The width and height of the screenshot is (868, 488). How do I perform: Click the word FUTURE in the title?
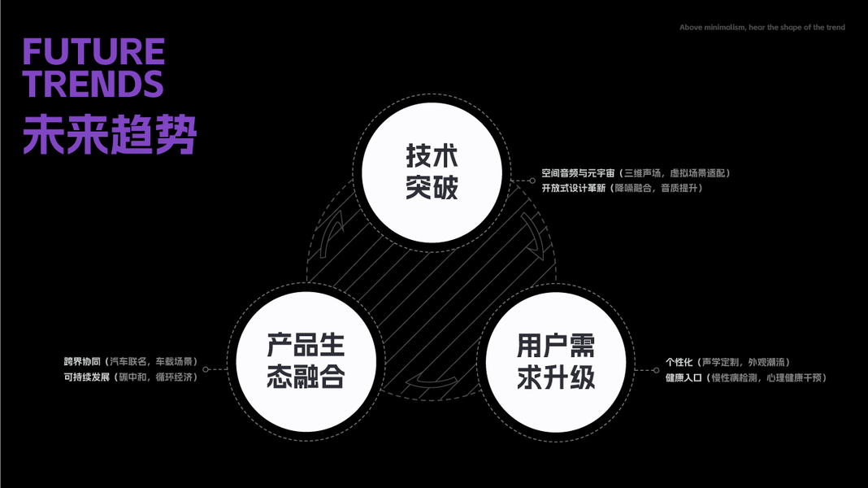pos(93,53)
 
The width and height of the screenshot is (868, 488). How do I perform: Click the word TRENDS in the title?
pos(93,85)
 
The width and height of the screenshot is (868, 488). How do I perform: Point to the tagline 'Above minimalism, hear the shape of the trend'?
pos(762,28)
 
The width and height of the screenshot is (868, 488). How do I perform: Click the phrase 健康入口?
pos(684,377)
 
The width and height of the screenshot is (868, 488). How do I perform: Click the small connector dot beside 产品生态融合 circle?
pos(206,369)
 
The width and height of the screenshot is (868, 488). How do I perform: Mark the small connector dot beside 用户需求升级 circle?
pos(656,369)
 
